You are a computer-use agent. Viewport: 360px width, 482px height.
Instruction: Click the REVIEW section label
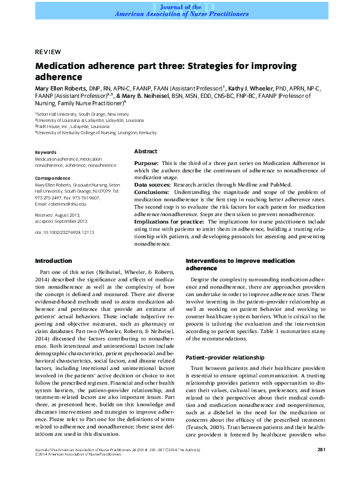(x=47, y=52)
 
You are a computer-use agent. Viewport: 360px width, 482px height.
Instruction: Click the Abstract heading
(x=145, y=151)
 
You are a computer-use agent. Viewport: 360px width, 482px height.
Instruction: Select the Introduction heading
(x=53, y=261)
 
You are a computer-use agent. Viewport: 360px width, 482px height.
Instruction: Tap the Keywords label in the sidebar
(x=46, y=151)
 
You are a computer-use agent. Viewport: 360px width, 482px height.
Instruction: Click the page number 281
(x=321, y=468)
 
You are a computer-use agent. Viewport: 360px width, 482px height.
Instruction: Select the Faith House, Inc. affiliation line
(x=75, y=126)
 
